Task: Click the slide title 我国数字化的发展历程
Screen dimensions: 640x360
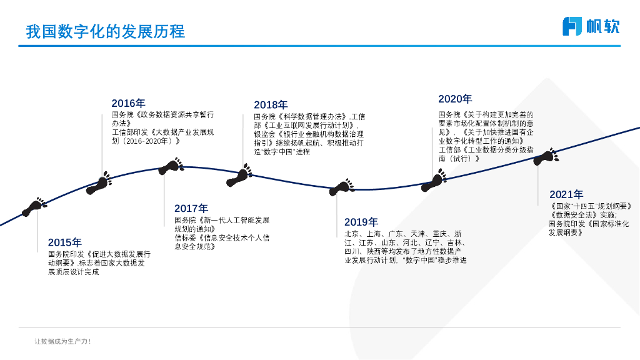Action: point(105,31)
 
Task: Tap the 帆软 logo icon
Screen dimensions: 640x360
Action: point(572,26)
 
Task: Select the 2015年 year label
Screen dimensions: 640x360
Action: point(64,242)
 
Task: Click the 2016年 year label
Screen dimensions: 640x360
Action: point(128,103)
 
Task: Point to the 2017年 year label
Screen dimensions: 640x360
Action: point(191,208)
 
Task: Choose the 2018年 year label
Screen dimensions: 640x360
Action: point(271,105)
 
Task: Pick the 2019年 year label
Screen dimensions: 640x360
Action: point(361,222)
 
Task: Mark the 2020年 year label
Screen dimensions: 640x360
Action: point(455,99)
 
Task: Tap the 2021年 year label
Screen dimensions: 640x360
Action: point(566,194)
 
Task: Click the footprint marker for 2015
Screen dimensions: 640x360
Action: point(34,207)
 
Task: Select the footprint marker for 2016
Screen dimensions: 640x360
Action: point(99,184)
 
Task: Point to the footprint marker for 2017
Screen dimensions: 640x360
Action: point(171,166)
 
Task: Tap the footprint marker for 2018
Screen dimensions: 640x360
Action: point(239,177)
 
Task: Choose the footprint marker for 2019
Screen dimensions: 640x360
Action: point(342,187)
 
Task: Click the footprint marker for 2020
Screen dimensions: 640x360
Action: point(434,182)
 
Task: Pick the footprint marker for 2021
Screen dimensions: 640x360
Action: point(546,156)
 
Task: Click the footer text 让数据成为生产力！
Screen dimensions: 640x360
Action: point(62,342)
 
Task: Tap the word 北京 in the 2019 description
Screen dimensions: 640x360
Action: point(352,234)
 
